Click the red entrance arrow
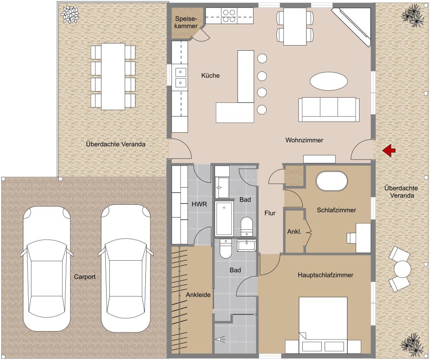click(390, 150)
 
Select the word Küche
click(211, 76)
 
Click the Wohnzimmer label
click(304, 140)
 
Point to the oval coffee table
click(329, 80)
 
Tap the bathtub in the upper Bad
click(224, 218)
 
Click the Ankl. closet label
click(294, 232)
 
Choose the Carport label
click(84, 277)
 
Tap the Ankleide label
click(198, 295)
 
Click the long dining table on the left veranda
click(113, 77)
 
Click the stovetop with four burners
click(228, 16)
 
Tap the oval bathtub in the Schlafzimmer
click(332, 181)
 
